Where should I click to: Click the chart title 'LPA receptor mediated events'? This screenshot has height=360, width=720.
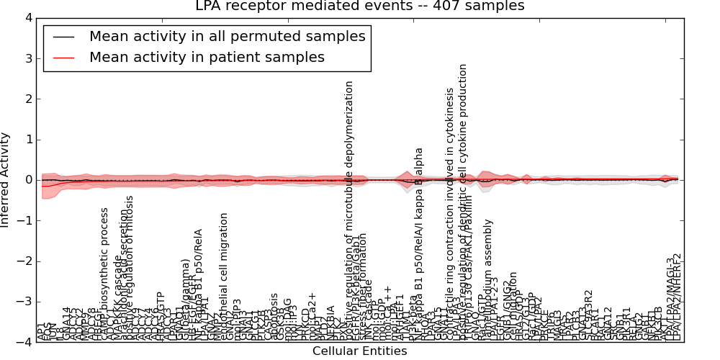(359, 6)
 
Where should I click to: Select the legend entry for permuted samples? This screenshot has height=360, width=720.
(227, 36)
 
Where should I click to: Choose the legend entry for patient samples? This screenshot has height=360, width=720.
(207, 57)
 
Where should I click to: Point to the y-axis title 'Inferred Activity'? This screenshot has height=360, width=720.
(6, 179)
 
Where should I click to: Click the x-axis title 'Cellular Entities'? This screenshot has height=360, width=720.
(359, 351)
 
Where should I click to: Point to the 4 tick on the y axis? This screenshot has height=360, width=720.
(27, 17)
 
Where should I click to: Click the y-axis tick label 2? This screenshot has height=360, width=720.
(27, 99)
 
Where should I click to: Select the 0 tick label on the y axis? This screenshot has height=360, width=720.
(27, 180)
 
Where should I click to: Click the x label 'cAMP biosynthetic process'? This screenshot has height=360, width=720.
(104, 274)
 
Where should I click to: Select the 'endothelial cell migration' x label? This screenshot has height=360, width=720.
(224, 277)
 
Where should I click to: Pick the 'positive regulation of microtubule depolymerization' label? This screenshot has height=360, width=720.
(349, 209)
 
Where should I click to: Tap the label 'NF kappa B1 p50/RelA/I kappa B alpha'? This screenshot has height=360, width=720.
(419, 245)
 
